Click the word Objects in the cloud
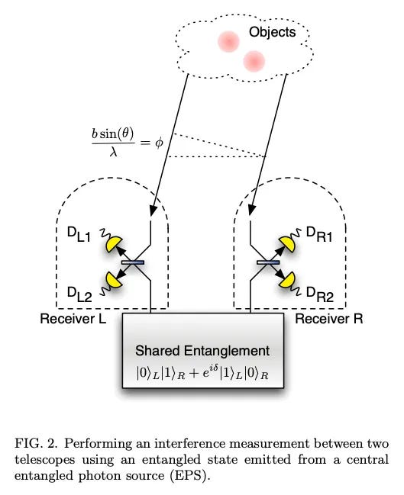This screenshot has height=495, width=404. coord(272,32)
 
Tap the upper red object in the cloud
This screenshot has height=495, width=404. coord(228,41)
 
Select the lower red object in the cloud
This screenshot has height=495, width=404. coord(254,61)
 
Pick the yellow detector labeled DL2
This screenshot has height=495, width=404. coord(114,280)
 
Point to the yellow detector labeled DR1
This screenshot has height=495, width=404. coord(287,244)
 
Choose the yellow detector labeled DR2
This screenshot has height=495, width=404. coord(287,280)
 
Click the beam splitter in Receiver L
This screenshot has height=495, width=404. coord(133,262)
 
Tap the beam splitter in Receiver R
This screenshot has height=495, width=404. coord(268,262)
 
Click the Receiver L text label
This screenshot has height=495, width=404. coord(73,319)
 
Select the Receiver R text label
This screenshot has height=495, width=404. coord(328,319)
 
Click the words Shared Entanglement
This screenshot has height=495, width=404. coord(202,351)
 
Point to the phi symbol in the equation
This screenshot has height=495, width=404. coord(159,143)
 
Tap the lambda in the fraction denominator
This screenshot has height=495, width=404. coord(113,153)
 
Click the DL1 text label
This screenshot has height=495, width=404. coord(79,235)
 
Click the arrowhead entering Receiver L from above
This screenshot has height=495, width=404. coord(153,211)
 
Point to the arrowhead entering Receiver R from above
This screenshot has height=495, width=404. coord(251,211)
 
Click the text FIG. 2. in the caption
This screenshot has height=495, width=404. coord(36,444)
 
